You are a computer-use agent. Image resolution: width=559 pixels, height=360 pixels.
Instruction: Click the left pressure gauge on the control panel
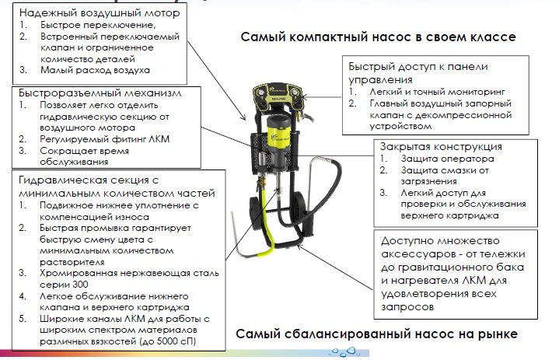(262, 93)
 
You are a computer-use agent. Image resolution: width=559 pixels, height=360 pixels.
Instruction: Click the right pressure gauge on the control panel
(295, 93)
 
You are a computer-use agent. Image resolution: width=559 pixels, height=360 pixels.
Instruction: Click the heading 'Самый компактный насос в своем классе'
(378, 37)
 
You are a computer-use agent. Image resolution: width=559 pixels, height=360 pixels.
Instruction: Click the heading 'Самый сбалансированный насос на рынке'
(376, 334)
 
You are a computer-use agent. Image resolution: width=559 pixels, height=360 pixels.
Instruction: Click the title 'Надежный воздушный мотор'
(100, 13)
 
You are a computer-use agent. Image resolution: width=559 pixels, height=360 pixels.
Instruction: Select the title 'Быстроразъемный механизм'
(100, 93)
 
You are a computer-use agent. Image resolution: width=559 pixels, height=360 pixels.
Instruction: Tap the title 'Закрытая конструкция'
(441, 146)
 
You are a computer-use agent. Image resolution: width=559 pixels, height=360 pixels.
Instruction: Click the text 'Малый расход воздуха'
(95, 70)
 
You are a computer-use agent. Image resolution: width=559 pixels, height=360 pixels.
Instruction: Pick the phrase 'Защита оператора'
(447, 159)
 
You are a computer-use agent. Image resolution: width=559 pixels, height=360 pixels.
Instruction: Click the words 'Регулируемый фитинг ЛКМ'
(104, 139)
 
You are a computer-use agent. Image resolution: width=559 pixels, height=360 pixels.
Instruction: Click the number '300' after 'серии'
(80, 285)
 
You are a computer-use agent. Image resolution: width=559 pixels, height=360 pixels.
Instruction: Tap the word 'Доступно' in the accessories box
(404, 241)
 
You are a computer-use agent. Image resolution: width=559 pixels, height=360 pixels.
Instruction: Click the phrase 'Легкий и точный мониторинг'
(437, 92)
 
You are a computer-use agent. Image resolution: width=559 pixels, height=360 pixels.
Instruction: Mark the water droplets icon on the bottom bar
(344, 351)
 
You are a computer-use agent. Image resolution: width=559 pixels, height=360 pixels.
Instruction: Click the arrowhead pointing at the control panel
(305, 96)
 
